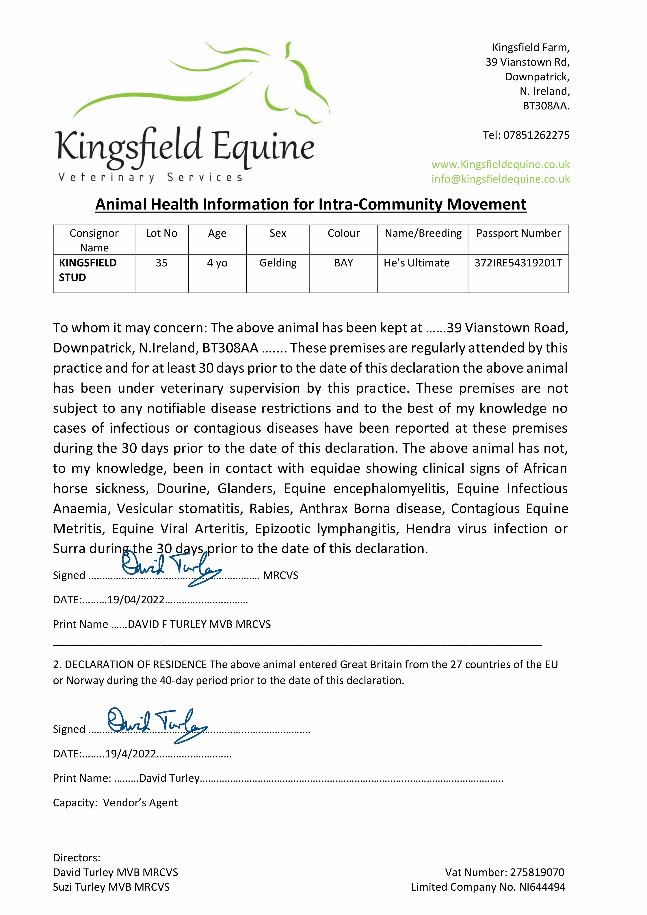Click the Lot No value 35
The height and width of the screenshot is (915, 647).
coord(161,263)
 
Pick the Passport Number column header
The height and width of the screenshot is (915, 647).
coord(518,233)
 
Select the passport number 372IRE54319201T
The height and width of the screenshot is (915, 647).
coord(518,263)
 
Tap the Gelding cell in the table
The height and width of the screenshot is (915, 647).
coord(278,263)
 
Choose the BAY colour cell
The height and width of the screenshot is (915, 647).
coord(344,263)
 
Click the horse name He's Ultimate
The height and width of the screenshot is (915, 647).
coord(417,263)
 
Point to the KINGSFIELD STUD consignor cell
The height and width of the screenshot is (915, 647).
coord(88,270)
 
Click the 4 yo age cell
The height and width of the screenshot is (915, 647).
coord(217,263)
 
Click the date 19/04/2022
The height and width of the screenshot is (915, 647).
coord(136,600)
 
